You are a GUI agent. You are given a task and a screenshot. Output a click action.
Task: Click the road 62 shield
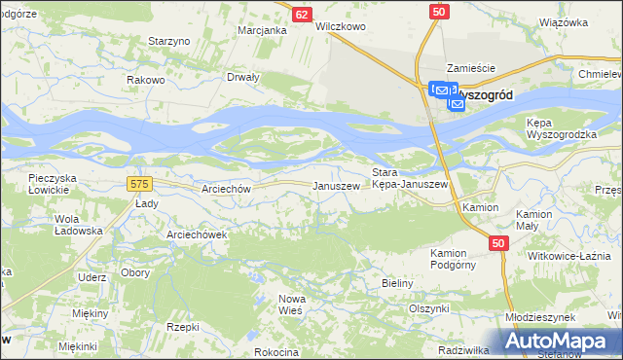(302, 14)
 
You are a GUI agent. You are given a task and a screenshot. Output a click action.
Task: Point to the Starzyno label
(167, 42)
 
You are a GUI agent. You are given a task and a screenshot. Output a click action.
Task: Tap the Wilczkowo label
(341, 27)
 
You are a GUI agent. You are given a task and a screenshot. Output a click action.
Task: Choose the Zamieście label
(471, 68)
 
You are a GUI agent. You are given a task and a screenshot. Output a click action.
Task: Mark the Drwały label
(243, 77)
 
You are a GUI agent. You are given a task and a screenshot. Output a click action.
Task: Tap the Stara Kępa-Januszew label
(410, 178)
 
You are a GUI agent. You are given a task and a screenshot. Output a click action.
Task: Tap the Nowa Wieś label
(292, 303)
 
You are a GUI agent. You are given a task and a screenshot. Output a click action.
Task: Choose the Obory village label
(135, 272)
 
